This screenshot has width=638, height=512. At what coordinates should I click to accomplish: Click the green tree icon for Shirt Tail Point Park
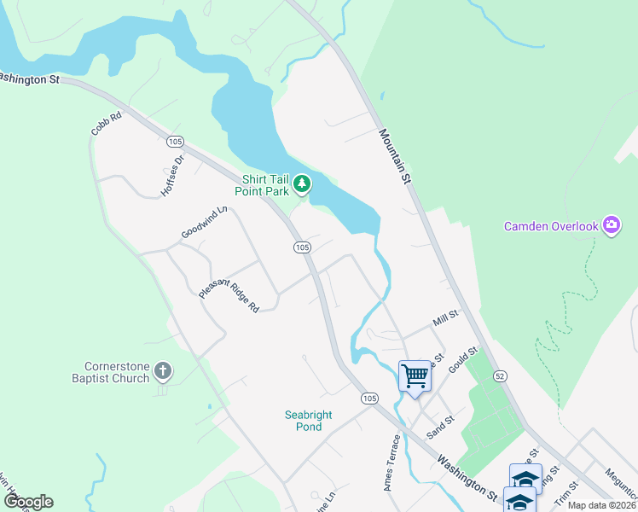pyautogui.click(x=301, y=183)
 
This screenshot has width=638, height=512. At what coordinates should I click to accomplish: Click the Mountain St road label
pyautogui.click(x=395, y=156)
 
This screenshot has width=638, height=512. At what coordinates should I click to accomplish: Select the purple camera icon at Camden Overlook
pyautogui.click(x=612, y=225)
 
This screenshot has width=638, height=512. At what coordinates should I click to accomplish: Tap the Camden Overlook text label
pyautogui.click(x=551, y=226)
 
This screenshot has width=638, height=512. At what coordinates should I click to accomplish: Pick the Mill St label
pyautogui.click(x=446, y=318)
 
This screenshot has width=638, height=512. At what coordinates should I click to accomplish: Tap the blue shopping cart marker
pyautogui.click(x=415, y=375)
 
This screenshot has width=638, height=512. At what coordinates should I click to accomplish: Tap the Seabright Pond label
pyautogui.click(x=308, y=421)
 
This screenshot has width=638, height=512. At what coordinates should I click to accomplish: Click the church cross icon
pyautogui.click(x=163, y=371)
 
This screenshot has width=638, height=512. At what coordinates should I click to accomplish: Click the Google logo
pyautogui.click(x=28, y=501)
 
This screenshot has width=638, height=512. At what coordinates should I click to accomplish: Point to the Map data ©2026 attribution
pyautogui.click(x=600, y=505)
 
